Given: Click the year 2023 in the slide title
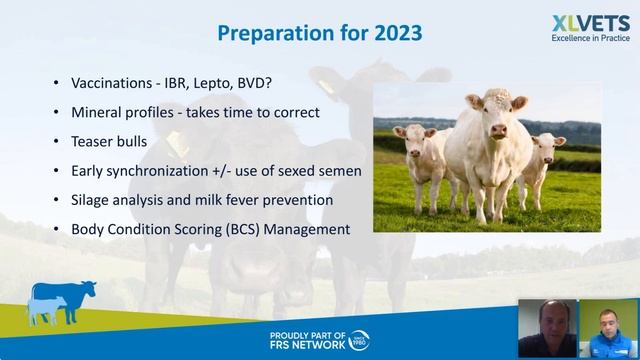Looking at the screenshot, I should coord(393,31).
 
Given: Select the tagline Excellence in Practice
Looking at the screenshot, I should coord(591,40).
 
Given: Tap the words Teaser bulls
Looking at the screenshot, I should coord(110,141).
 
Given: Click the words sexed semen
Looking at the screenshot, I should coord(319,170).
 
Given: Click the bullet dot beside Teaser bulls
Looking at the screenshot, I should coord(55,142).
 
